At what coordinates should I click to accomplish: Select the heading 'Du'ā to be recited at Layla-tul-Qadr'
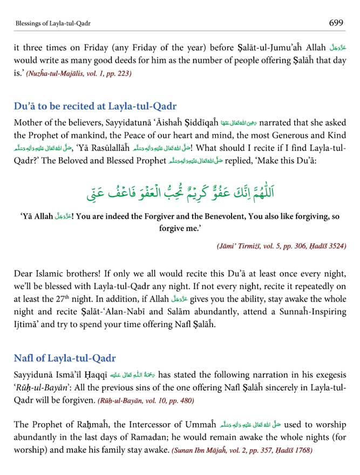click(x=95, y=106)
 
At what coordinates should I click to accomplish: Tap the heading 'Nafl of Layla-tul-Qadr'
click(x=65, y=358)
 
